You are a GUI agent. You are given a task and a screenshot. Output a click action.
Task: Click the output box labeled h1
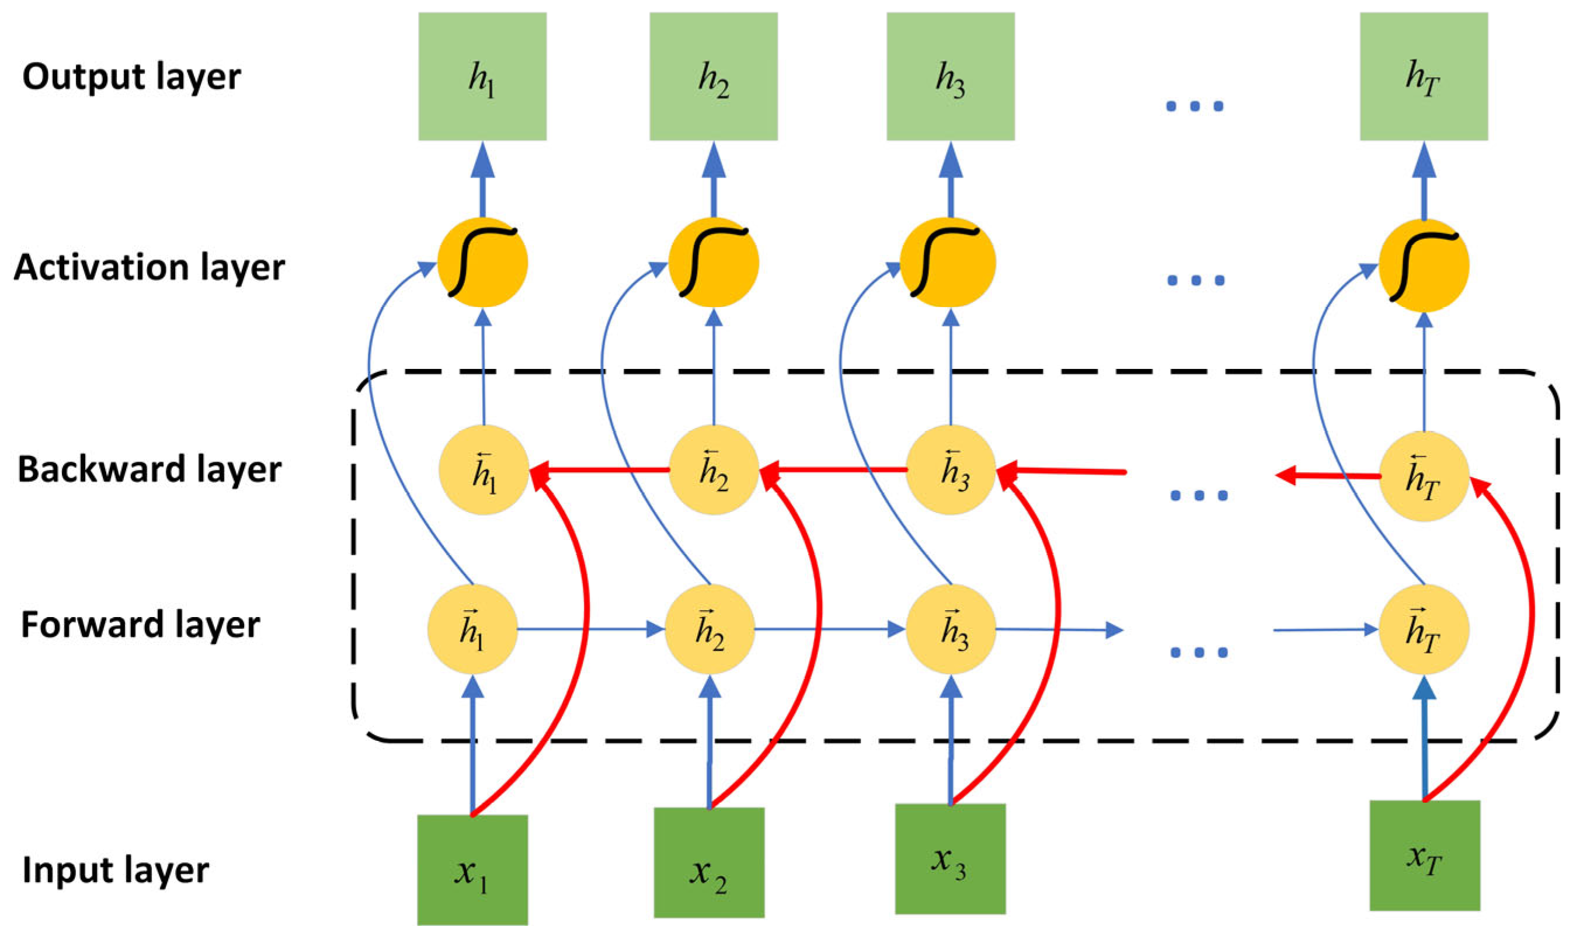482,76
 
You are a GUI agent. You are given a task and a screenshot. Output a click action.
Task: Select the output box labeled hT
1424,76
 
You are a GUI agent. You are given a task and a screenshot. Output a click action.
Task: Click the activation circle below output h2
714,263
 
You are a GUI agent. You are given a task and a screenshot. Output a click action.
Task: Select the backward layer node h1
483,471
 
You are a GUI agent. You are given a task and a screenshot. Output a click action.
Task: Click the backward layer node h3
951,471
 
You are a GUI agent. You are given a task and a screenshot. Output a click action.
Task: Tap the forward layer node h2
709,629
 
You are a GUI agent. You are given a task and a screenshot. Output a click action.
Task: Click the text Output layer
131,78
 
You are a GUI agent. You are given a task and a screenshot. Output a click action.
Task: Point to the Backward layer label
149,470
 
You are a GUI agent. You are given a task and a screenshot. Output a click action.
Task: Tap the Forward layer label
140,625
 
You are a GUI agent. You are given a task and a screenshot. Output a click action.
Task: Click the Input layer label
116,870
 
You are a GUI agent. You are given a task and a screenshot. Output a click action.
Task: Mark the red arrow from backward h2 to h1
600,470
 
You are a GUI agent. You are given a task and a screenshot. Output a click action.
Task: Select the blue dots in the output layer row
1195,106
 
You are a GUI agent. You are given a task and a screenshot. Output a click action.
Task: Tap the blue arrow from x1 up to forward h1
472,745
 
